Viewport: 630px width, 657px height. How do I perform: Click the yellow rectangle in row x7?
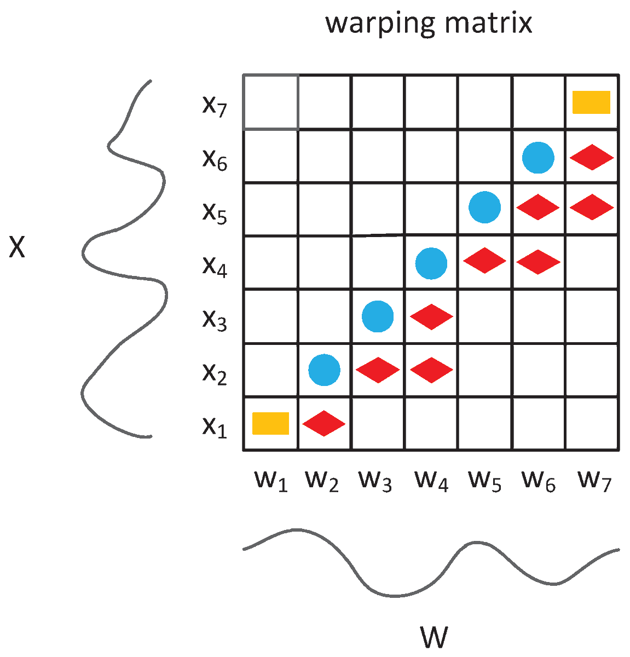click(591, 102)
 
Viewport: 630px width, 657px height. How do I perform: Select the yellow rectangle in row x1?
click(270, 423)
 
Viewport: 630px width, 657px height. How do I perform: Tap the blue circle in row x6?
click(538, 158)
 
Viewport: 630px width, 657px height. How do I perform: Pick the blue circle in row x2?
click(324, 370)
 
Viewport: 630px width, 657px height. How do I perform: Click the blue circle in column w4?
click(431, 263)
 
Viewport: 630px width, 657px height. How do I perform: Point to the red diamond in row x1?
click(324, 423)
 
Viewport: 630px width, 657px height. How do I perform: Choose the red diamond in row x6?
click(592, 158)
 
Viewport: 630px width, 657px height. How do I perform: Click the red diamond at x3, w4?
click(431, 316)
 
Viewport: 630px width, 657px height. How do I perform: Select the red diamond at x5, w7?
click(592, 208)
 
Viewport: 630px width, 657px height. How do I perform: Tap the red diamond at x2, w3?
click(378, 370)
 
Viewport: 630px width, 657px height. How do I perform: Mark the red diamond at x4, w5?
click(484, 261)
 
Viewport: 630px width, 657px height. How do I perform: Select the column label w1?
click(271, 481)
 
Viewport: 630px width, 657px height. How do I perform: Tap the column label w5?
click(485, 481)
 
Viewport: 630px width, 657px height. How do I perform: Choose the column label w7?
click(594, 481)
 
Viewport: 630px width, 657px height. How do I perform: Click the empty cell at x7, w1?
click(271, 102)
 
